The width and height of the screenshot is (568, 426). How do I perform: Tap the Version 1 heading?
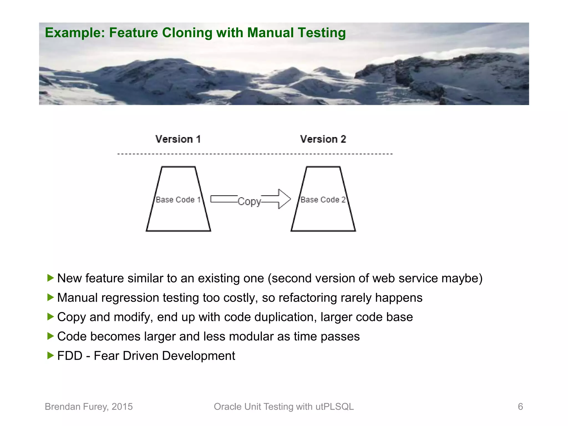(x=178, y=139)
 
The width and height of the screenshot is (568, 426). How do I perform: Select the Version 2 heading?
(x=323, y=139)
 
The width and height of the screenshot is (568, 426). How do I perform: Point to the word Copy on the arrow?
(x=249, y=201)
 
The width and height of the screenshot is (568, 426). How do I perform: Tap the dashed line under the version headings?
(x=255, y=154)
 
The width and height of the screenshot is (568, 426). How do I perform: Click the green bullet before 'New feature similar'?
(x=50, y=278)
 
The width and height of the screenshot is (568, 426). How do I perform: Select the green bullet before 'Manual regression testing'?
(x=50, y=297)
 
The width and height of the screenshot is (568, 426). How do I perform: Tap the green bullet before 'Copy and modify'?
(x=50, y=317)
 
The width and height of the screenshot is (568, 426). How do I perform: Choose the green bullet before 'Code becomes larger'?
(x=50, y=336)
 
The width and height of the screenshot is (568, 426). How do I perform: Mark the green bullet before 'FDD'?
(x=50, y=355)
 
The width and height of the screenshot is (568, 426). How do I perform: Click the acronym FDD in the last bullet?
(x=70, y=356)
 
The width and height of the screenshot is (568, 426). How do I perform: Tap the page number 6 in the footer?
(x=520, y=407)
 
